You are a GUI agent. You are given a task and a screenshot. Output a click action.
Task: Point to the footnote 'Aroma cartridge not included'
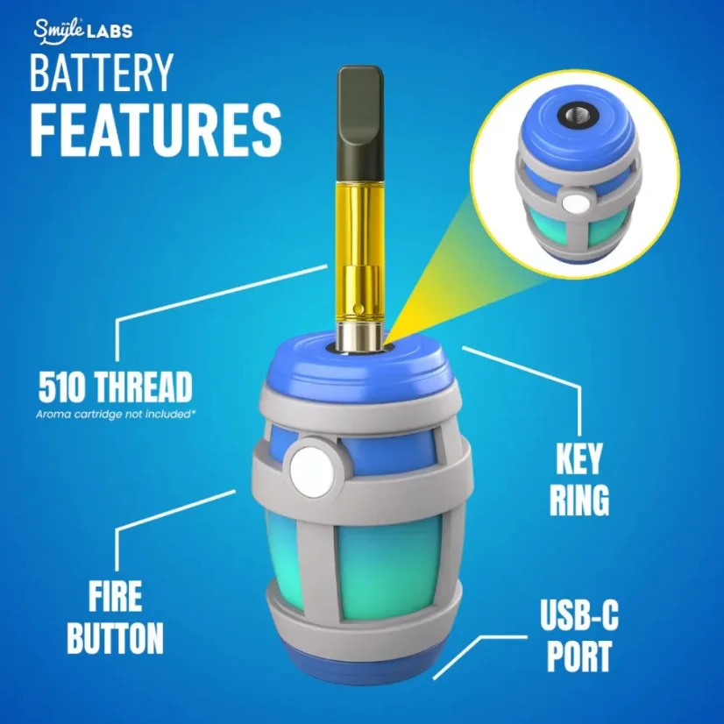(114, 413)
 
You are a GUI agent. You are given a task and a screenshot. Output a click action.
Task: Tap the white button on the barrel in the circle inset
(576, 204)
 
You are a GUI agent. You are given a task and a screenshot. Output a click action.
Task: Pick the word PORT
(578, 657)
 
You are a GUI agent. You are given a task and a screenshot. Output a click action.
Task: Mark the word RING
(579, 500)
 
